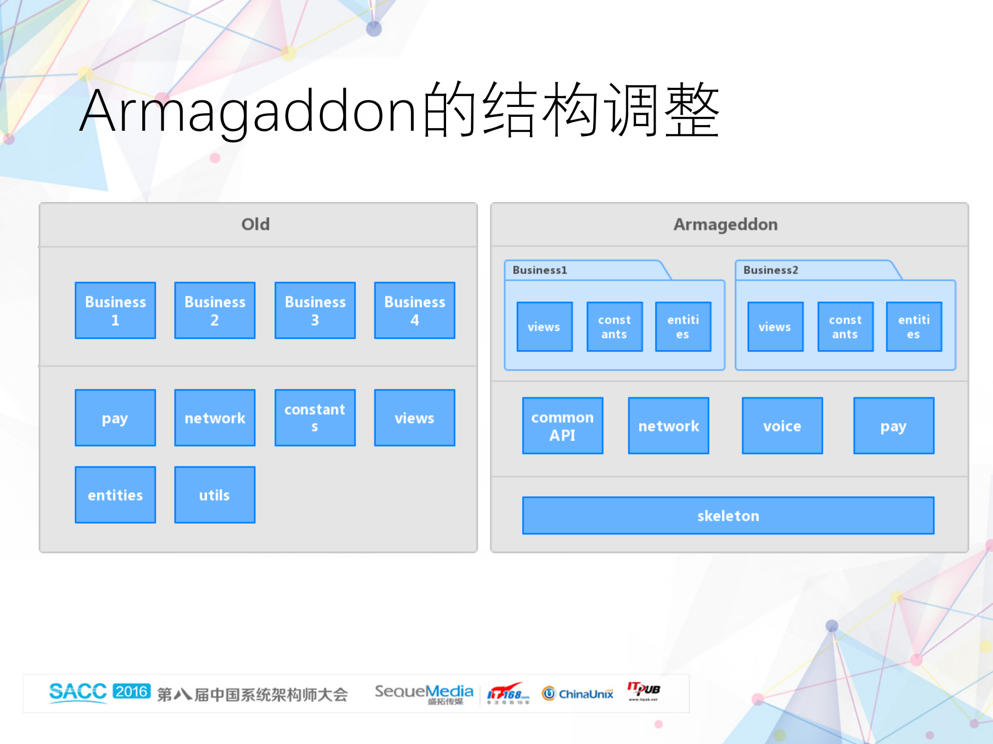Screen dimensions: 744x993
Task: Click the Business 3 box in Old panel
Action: coord(315,310)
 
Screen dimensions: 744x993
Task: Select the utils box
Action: coord(215,495)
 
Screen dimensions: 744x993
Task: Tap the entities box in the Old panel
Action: coord(115,495)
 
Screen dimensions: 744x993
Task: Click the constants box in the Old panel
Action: coord(315,418)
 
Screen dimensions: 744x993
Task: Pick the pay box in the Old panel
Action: coord(115,418)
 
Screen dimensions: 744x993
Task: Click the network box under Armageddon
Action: coord(669,426)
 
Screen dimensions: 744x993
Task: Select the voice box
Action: coord(782,426)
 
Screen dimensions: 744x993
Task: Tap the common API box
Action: coord(562,426)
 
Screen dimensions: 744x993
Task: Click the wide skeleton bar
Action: coord(728,515)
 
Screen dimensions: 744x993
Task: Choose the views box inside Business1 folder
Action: coord(544,327)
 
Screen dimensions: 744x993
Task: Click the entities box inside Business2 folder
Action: coord(914,327)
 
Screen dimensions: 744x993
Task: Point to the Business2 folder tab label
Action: coord(771,270)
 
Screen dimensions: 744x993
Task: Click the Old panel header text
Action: coord(256,224)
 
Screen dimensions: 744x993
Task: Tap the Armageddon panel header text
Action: coord(725,224)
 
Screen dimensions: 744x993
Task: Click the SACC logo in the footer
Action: coord(78,692)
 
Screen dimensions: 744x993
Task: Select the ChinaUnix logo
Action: coord(578,693)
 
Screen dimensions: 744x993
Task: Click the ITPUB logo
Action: coord(644,690)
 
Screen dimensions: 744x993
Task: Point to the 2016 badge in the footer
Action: coord(131,691)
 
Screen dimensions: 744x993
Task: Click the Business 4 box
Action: coord(414,310)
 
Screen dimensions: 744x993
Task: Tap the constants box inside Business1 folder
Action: coord(615,327)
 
